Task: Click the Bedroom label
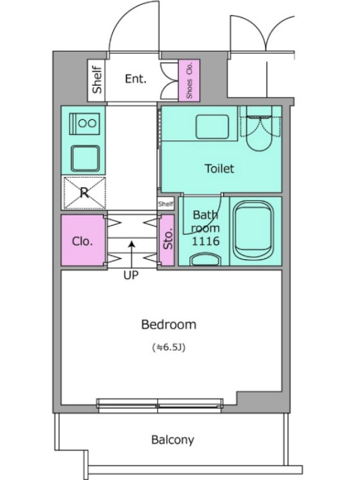pos(169,325)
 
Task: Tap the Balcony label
pos(173,440)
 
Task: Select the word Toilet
pos(219,169)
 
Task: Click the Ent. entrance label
pos(136,79)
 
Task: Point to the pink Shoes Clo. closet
pos(189,80)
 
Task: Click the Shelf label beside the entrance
pos(97,80)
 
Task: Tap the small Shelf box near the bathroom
pos(166,203)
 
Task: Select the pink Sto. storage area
pos(167,239)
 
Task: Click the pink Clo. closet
pos(83,240)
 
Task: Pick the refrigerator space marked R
pos(84,193)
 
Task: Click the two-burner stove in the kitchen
pos(85,124)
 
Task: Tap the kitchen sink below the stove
pos(85,158)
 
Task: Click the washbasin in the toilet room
pos(212,127)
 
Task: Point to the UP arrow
pos(131,254)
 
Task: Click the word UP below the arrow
pos(131,275)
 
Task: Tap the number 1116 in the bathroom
pos(206,241)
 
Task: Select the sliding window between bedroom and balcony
pos(160,403)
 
